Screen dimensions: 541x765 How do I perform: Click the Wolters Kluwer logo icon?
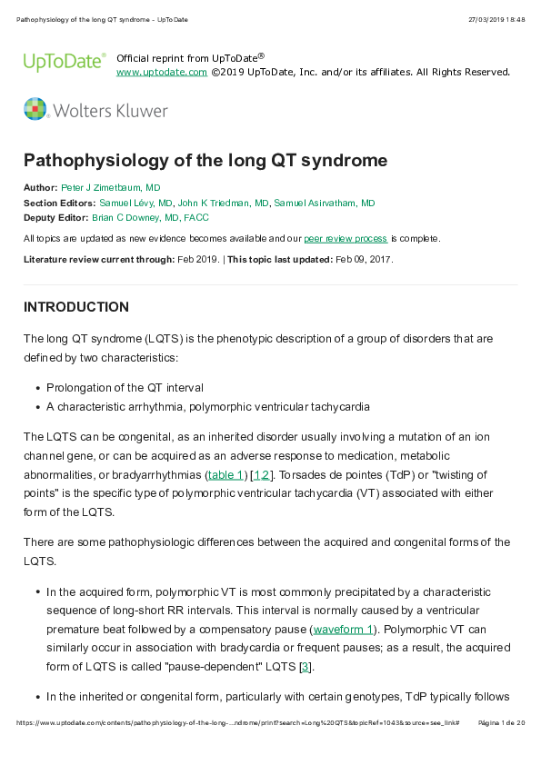[x=35, y=110]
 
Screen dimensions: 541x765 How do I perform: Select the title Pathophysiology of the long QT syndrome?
[x=205, y=161]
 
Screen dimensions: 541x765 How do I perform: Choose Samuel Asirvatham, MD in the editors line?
[x=324, y=203]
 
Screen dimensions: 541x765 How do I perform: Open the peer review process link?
[x=346, y=238]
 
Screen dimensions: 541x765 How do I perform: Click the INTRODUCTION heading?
[x=76, y=307]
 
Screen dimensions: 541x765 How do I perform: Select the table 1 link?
[x=225, y=475]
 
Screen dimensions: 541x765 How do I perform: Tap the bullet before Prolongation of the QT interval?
[x=36, y=388]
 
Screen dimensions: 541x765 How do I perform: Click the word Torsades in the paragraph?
[x=293, y=475]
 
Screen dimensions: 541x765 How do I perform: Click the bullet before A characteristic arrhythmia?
[x=36, y=407]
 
